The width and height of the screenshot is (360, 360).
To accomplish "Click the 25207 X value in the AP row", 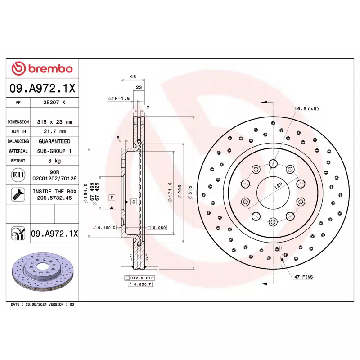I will pos(54,103).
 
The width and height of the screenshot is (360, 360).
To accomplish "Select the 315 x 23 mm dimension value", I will pos(54,122).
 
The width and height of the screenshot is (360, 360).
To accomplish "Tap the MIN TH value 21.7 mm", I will pos(54,132).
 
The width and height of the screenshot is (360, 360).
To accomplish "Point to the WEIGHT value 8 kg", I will pos(54,161).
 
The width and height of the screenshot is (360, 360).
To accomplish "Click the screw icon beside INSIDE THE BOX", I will pos(18,194).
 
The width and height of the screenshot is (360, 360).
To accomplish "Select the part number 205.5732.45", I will pos(54,198).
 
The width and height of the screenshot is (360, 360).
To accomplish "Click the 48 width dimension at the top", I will pos(133,77).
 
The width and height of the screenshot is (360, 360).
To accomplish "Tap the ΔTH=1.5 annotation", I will pos(118,98).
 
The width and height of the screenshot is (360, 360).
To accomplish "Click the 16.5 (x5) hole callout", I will pos(307,109).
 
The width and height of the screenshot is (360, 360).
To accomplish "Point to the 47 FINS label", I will pos(304,277).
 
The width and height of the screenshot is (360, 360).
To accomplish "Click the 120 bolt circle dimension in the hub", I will pos(279,185).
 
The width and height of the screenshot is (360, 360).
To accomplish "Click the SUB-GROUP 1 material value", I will pos(54,151).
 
